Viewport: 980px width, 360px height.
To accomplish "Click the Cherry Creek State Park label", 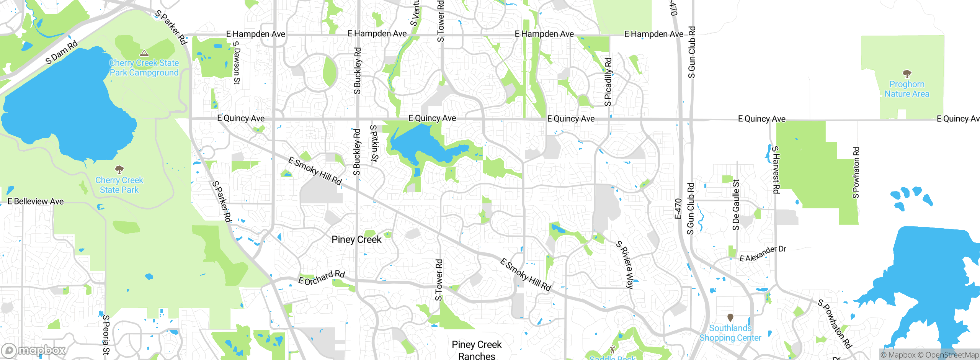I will click(x=119, y=185).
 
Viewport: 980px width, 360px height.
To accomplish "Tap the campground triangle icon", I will click(x=144, y=53).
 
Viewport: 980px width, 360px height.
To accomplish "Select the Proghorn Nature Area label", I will click(x=906, y=89).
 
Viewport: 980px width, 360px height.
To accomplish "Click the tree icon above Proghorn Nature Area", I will click(x=907, y=73).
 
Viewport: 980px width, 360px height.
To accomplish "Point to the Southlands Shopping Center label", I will click(x=730, y=333).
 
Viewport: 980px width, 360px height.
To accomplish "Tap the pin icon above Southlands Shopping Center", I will click(x=730, y=317).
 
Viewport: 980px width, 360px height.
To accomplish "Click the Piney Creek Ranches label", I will click(x=477, y=350).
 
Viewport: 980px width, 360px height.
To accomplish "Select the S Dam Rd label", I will click(x=61, y=52).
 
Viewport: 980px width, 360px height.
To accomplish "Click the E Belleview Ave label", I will click(x=36, y=201).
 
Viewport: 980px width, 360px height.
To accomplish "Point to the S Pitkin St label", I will click(x=374, y=143).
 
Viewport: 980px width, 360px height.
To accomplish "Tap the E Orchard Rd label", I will click(x=322, y=278).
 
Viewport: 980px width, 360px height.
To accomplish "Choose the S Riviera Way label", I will click(x=625, y=264).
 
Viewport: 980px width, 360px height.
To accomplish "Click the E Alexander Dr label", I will click(x=763, y=254).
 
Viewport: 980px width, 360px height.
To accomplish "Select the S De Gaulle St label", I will click(x=736, y=205).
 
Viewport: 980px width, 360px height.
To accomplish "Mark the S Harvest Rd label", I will click(x=776, y=170).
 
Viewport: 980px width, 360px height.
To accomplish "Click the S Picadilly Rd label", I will click(x=608, y=82).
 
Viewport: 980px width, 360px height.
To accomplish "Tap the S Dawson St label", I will click(x=237, y=62).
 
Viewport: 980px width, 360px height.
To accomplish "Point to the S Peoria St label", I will click(x=106, y=334).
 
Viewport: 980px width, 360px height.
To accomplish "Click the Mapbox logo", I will click(x=34, y=350).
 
